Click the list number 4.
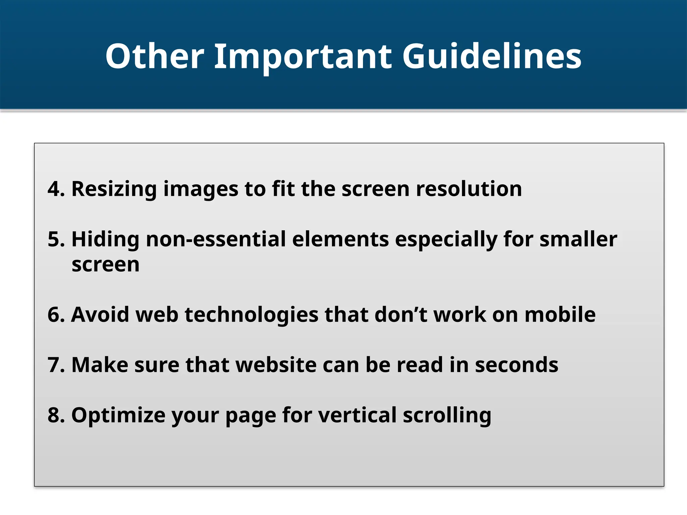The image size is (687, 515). [x=56, y=189]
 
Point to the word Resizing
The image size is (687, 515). [x=114, y=189]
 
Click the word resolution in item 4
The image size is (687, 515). [x=469, y=189]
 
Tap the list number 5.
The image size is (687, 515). [x=56, y=239]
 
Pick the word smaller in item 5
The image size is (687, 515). [x=578, y=239]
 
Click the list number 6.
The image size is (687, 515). [x=56, y=314]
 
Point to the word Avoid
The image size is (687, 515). [x=100, y=314]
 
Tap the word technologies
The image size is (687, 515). [x=251, y=314]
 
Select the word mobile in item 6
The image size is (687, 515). [x=560, y=314]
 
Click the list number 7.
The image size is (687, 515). [x=56, y=365]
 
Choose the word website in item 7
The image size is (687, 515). [x=276, y=365]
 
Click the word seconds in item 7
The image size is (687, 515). [x=517, y=365]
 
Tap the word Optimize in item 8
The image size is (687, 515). [x=118, y=415]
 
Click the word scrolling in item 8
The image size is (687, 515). [x=447, y=415]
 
